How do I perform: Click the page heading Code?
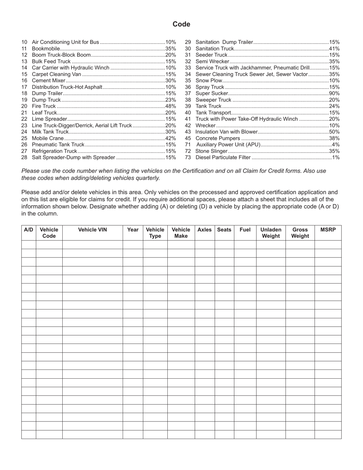181,24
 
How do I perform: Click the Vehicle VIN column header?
92,230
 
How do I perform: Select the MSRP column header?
328,230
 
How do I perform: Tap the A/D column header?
29,230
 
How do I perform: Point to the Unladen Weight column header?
271,233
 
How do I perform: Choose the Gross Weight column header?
300,233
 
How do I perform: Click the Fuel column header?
245,230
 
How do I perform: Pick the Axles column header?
204,230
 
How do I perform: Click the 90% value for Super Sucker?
334,93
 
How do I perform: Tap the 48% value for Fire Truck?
171,106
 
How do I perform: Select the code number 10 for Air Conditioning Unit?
24,42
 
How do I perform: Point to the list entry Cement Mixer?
49,81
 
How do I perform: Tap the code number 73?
188,157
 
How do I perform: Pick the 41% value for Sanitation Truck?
334,49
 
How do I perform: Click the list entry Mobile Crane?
48,138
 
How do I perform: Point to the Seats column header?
224,230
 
